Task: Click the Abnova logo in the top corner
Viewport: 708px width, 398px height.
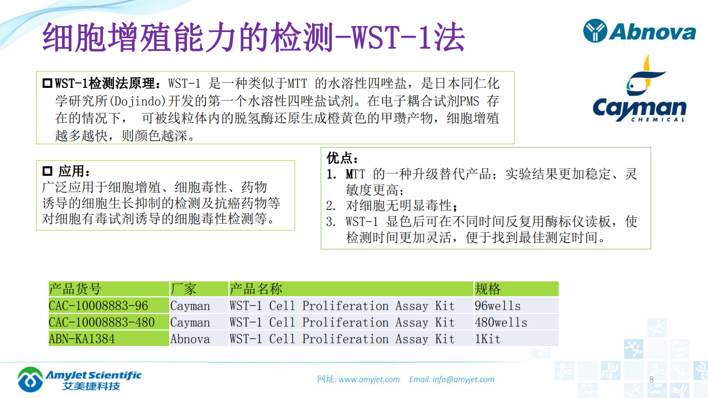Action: (639, 31)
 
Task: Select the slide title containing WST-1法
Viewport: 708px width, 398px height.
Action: (254, 38)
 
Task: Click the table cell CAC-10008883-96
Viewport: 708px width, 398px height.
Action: (98, 306)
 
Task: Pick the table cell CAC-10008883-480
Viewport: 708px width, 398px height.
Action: (102, 322)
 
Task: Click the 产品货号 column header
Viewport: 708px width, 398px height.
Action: (75, 289)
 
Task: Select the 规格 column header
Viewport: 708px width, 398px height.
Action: (487, 289)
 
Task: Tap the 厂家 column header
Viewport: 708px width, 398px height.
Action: (184, 289)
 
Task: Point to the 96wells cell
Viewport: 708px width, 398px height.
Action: (497, 306)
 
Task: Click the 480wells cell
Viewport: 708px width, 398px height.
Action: (501, 322)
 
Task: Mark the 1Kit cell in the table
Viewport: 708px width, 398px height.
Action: (487, 339)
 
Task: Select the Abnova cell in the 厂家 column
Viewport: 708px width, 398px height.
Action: (190, 339)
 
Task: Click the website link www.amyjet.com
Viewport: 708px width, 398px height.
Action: (369, 379)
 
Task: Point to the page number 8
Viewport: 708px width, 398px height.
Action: (651, 379)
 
